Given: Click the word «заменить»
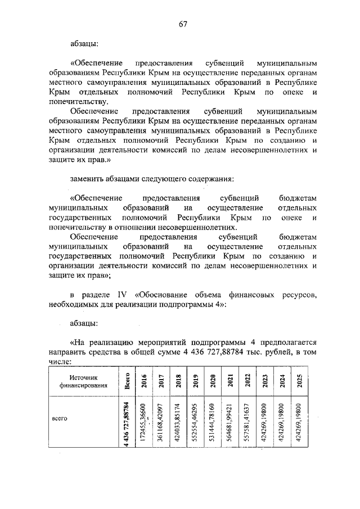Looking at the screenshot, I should tap(88, 179).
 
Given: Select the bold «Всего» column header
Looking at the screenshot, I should tap(128, 382).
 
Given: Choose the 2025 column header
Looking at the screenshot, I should tap(300, 382).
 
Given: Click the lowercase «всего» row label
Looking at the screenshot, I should tap(60, 419).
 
